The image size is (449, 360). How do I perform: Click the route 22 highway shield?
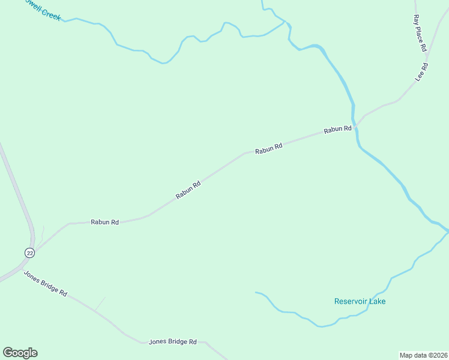pyautogui.click(x=29, y=253)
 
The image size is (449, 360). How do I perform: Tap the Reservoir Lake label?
pyautogui.click(x=360, y=301)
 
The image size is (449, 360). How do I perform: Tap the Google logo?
pyautogui.click(x=20, y=353)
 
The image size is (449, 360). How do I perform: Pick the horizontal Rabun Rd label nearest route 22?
pyautogui.click(x=104, y=222)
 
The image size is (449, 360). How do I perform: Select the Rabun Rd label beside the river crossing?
pyautogui.click(x=337, y=129)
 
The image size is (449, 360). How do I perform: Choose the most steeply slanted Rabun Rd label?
pyautogui.click(x=188, y=190)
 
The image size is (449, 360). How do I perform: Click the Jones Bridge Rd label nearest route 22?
pyautogui.click(x=45, y=283)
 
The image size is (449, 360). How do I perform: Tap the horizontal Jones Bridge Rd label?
pyautogui.click(x=172, y=342)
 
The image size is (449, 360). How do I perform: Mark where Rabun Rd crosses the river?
pyautogui.click(x=355, y=127)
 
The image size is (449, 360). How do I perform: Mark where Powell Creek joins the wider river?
pyautogui.click(x=289, y=25)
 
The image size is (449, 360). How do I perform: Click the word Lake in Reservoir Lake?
pyautogui.click(x=377, y=301)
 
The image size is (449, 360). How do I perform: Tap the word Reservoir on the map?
pyautogui.click(x=351, y=301)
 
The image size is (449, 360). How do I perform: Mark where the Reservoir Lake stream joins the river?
pyautogui.click(x=447, y=230)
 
